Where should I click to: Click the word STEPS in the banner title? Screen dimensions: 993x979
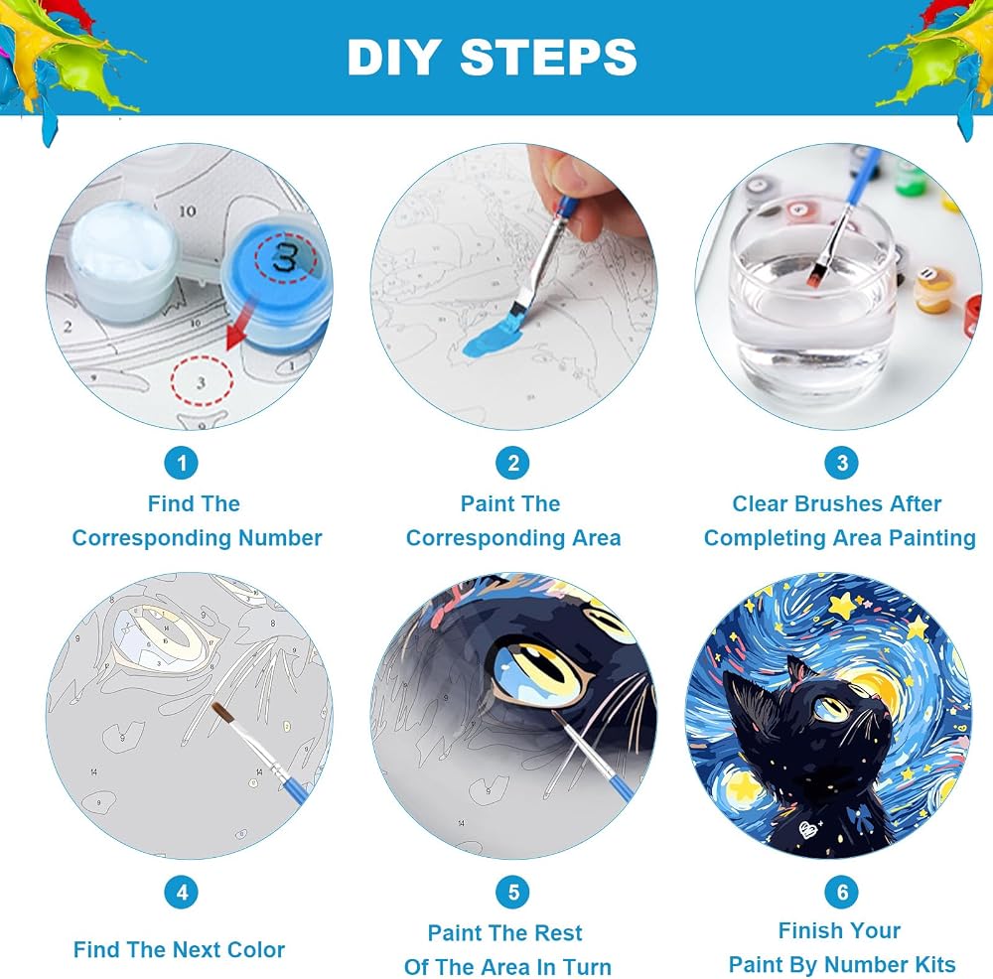pyautogui.click(x=548, y=57)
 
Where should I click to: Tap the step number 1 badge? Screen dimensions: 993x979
pyautogui.click(x=181, y=463)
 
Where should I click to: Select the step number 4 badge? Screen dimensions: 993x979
pyautogui.click(x=182, y=893)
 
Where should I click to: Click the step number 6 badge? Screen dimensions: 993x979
pyautogui.click(x=842, y=893)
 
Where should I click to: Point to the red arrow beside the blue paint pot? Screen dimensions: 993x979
pyautogui.click(x=240, y=326)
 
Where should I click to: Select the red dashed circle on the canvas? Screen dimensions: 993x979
pyautogui.click(x=202, y=380)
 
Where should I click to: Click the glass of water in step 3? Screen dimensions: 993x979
pyautogui.click(x=815, y=299)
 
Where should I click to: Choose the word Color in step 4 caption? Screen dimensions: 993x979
pyautogui.click(x=256, y=950)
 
